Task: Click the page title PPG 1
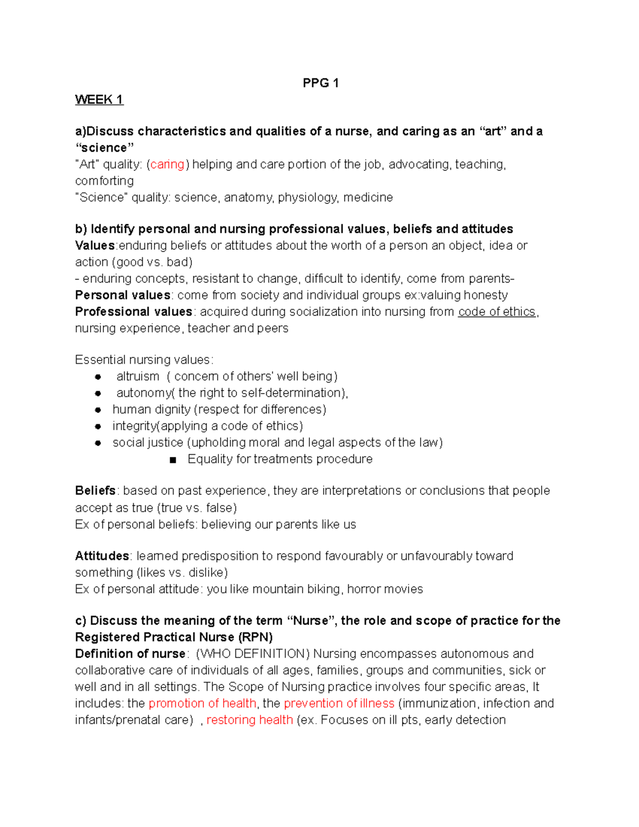coord(320,83)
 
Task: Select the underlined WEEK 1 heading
coord(99,100)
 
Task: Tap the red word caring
coord(167,165)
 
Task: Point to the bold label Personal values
coord(122,295)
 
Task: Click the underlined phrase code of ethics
coord(496,312)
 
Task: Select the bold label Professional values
coord(133,312)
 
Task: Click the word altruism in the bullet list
coord(137,376)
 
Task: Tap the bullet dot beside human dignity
coord(98,410)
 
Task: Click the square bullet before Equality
coord(173,460)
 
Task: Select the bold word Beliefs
coord(95,490)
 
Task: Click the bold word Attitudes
coord(102,556)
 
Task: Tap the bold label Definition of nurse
coord(130,653)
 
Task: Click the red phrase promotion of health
coord(202,703)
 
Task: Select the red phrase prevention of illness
coord(339,703)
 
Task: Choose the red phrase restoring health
coord(249,720)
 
